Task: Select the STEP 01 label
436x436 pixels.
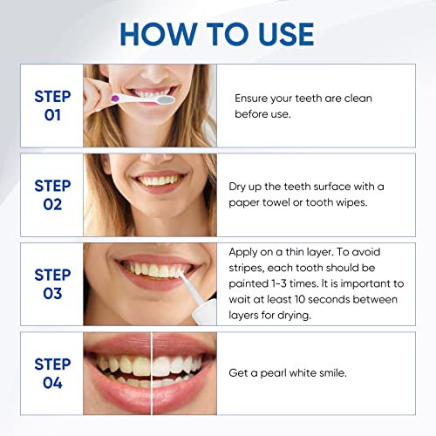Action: click(x=52, y=106)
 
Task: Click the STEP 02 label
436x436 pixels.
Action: click(x=52, y=194)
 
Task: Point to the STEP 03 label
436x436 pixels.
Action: click(x=52, y=284)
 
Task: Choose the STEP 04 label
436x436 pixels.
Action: click(x=52, y=373)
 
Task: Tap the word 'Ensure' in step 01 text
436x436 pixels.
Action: click(x=254, y=99)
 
